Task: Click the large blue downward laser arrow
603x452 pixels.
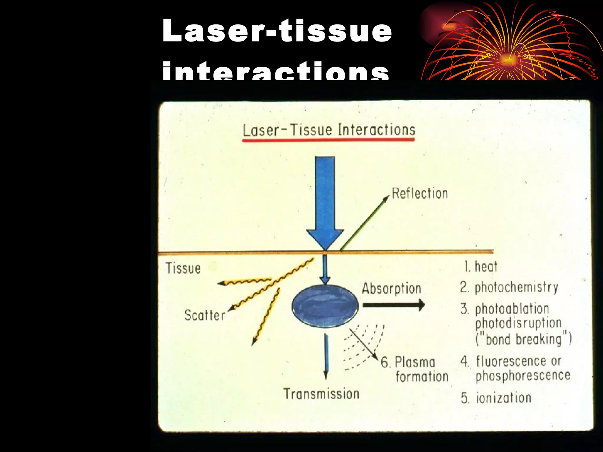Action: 325,200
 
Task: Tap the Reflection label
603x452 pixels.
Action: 420,194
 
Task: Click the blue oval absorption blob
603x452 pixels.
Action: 325,306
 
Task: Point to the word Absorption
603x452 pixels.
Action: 392,288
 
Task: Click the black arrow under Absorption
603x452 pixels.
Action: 393,305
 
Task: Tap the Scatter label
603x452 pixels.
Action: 205,315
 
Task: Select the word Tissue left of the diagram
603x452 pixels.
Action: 183,268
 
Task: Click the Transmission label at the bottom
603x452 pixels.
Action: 321,394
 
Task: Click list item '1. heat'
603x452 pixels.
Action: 481,267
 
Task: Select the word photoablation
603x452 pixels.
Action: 512,309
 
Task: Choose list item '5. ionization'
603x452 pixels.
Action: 496,398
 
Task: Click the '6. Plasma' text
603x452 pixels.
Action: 408,362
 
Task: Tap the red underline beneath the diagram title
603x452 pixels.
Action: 328,140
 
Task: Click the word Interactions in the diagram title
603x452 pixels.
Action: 377,130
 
